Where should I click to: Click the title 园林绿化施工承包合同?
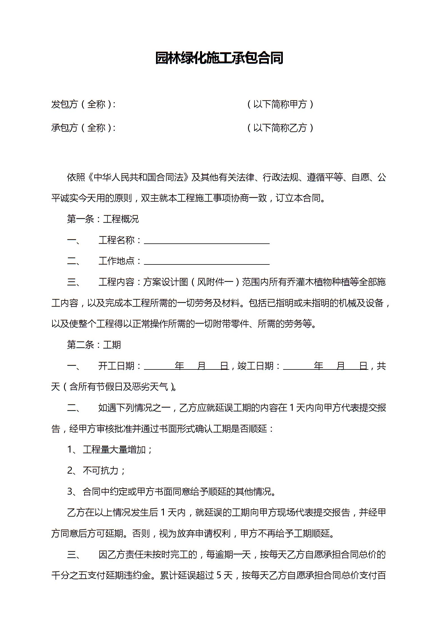point(219,58)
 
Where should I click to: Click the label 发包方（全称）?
point(83,104)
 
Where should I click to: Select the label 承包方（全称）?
point(83,128)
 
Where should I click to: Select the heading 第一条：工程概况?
point(103,219)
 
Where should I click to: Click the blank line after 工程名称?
point(207,241)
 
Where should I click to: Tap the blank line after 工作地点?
point(207,262)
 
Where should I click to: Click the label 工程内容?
point(116,282)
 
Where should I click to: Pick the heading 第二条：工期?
point(94,345)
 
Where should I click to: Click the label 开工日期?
point(116,366)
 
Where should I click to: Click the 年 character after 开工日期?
point(179,366)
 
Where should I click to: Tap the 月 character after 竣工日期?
point(341,366)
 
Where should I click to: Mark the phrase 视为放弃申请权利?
point(195,533)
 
